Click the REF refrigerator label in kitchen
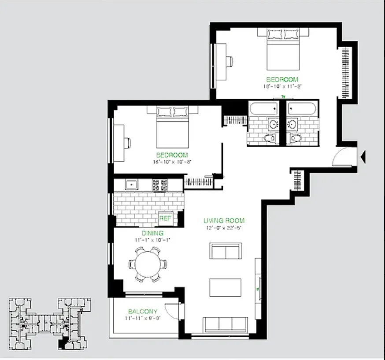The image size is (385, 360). [x=165, y=218]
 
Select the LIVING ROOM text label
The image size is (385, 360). [x=224, y=220]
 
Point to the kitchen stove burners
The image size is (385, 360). [x=159, y=185]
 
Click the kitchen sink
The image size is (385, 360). [x=132, y=184]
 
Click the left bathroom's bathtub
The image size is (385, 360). [x=263, y=109]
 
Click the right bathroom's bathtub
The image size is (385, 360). [x=302, y=109]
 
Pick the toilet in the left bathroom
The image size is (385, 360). [x=270, y=138]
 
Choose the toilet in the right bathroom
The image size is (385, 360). [x=296, y=138]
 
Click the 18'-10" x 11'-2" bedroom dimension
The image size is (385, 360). [x=282, y=87]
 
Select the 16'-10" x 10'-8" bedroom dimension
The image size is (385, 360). [x=172, y=162]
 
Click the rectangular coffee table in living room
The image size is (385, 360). [x=226, y=287]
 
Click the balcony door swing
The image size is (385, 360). [x=173, y=311]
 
